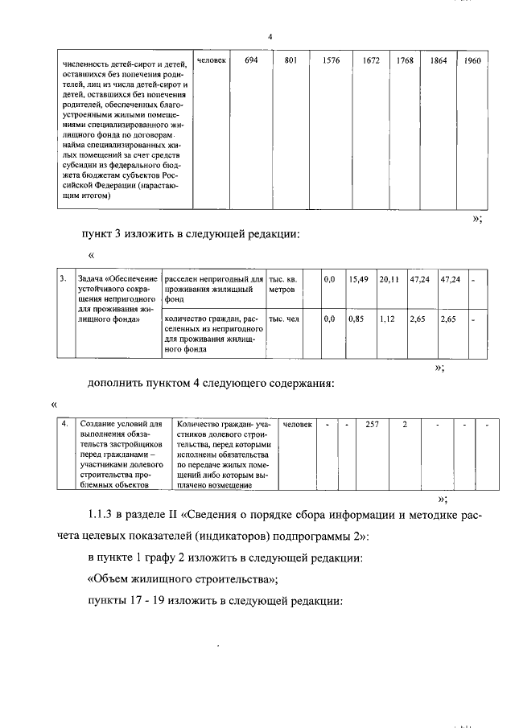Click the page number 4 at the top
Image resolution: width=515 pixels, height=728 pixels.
pos(270,37)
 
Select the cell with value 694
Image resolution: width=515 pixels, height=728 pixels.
pos(251,60)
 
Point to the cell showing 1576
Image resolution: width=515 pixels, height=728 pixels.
pos(332,60)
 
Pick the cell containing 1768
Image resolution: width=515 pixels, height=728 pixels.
pos(405,60)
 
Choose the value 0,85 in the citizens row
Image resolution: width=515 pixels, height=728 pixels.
pos(356,319)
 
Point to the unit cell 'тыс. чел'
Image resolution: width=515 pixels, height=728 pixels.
pos(283,319)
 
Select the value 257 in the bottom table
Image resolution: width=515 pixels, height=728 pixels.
pos(372,424)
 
